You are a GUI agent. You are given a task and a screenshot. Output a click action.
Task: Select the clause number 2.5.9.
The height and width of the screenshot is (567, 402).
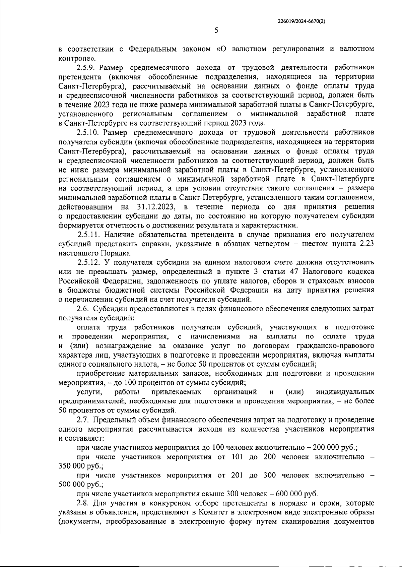86,68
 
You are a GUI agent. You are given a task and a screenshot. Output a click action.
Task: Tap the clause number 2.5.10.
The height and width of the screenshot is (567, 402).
88,132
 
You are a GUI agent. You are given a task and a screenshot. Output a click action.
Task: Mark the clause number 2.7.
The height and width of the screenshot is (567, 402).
82,420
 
